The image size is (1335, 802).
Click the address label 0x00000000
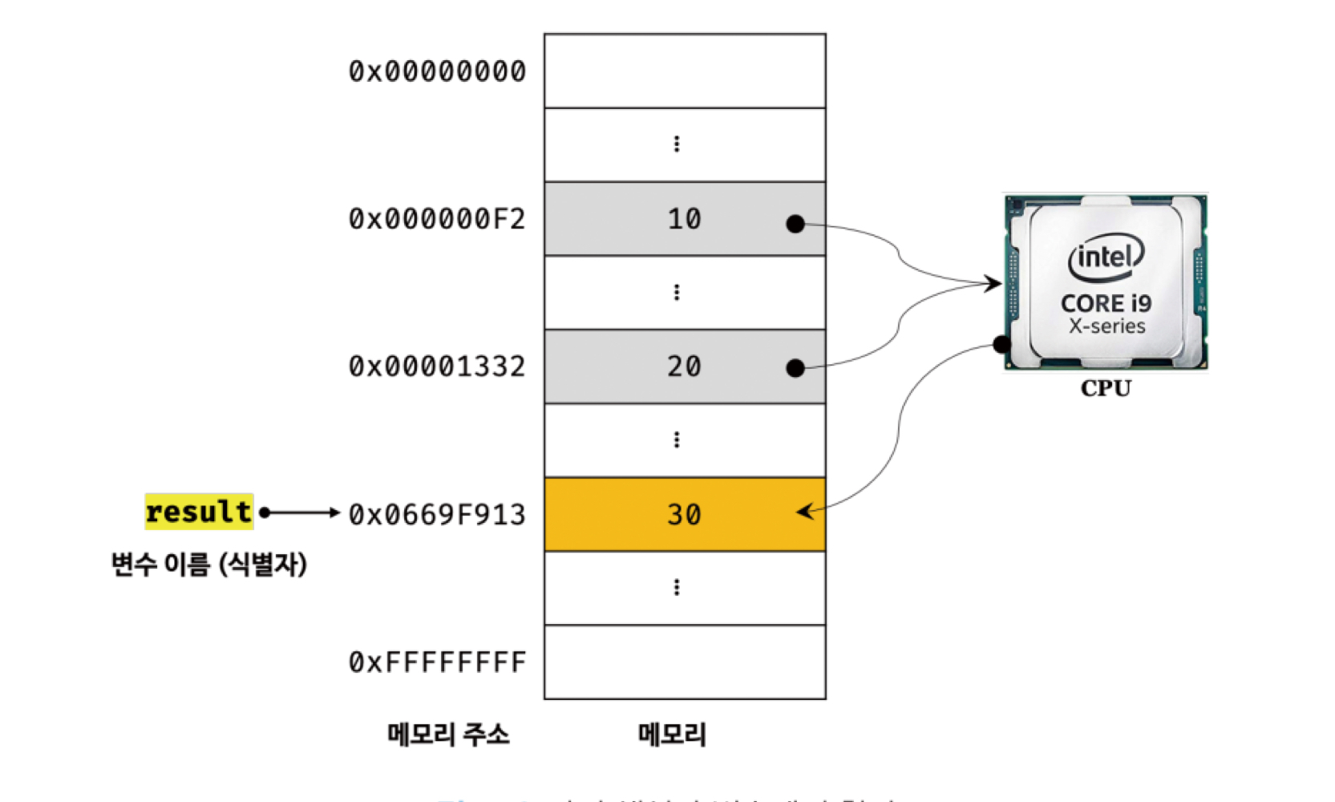(x=437, y=71)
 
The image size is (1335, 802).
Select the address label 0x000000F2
(x=437, y=219)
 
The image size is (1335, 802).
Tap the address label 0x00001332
(x=437, y=367)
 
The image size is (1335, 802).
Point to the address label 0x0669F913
(x=437, y=514)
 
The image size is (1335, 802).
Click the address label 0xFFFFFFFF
(x=437, y=662)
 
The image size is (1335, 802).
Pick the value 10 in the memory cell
(x=684, y=219)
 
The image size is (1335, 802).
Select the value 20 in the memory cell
(x=684, y=367)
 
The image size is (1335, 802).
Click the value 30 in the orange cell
(x=684, y=514)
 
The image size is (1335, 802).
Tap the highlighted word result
(x=199, y=512)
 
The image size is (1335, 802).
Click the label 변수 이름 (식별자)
(x=208, y=564)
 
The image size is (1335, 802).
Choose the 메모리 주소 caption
(x=448, y=734)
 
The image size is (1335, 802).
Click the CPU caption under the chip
(x=1106, y=388)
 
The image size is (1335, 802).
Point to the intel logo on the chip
(x=1106, y=257)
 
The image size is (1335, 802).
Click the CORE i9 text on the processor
(x=1106, y=303)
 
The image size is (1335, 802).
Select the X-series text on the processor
(x=1106, y=326)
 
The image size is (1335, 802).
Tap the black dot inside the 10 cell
(x=795, y=224)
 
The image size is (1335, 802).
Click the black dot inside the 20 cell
(x=795, y=368)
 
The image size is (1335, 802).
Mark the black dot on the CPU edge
(x=1001, y=345)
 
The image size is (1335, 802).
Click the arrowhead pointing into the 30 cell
(x=804, y=511)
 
